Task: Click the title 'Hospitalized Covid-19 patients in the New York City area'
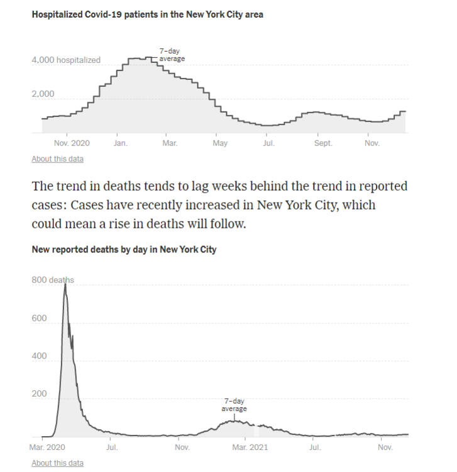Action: (x=147, y=14)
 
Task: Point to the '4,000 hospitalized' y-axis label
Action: (x=66, y=60)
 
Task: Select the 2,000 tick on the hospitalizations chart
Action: (x=43, y=94)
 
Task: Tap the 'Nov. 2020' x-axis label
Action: (x=72, y=143)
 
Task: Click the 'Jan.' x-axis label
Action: (x=121, y=143)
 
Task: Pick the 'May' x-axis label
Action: (x=219, y=143)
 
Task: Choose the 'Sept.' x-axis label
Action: (x=323, y=143)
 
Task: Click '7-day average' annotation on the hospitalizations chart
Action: (x=172, y=55)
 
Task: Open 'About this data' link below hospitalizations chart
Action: (x=57, y=159)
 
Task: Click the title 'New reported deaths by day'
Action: (x=124, y=249)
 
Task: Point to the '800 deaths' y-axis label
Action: (x=53, y=280)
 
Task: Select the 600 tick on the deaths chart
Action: (x=40, y=318)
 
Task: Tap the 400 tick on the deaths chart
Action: (x=40, y=356)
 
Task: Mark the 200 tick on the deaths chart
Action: (x=40, y=394)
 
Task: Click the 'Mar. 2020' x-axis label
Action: (x=48, y=447)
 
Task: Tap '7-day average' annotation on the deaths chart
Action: (x=234, y=405)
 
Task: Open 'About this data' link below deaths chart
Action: (x=57, y=463)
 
